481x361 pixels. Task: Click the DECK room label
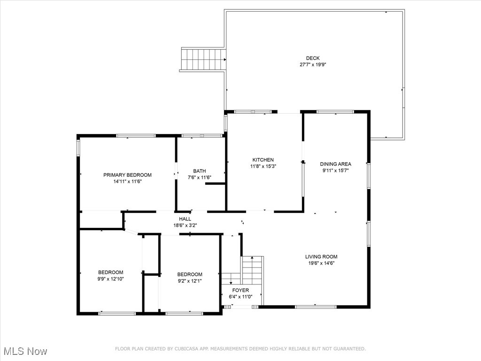313,58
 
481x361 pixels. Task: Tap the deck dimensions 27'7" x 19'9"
313,65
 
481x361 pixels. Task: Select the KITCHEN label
263,160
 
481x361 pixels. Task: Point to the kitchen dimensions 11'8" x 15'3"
263,166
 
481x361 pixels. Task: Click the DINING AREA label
335,164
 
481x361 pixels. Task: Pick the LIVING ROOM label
321,257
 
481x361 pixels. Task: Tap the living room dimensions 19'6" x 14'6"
321,263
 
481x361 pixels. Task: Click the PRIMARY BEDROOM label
127,175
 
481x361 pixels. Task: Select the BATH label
199,171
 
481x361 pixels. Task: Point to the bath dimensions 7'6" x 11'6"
199,178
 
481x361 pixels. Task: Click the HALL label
185,219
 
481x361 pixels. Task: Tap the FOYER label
240,290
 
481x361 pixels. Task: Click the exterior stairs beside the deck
203,59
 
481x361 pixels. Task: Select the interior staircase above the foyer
252,270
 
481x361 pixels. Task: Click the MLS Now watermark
24,352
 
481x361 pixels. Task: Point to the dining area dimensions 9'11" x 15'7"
335,171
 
